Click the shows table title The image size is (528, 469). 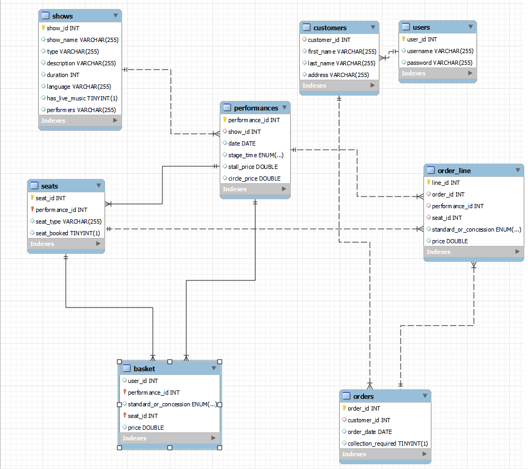pos(63,16)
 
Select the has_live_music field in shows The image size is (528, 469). pos(82,98)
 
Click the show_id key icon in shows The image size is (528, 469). pos(44,28)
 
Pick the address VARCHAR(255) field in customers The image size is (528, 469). pos(338,75)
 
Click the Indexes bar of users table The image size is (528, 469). pos(437,73)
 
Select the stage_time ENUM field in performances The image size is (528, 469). pos(255,155)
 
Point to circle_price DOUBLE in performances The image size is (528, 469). pos(254,178)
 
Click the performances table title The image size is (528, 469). pos(256,108)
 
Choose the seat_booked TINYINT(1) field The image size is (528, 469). pos(67,233)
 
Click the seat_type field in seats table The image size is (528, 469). pos(68,221)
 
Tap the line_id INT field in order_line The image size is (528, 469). pos(446,183)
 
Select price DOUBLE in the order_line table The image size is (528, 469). pos(449,241)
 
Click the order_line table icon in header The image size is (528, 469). pos(431,170)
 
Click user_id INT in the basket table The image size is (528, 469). pos(143,381)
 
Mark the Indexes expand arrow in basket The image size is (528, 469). pos(213,438)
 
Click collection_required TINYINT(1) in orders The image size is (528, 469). pos(387,444)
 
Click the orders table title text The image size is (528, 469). pos(363,396)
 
